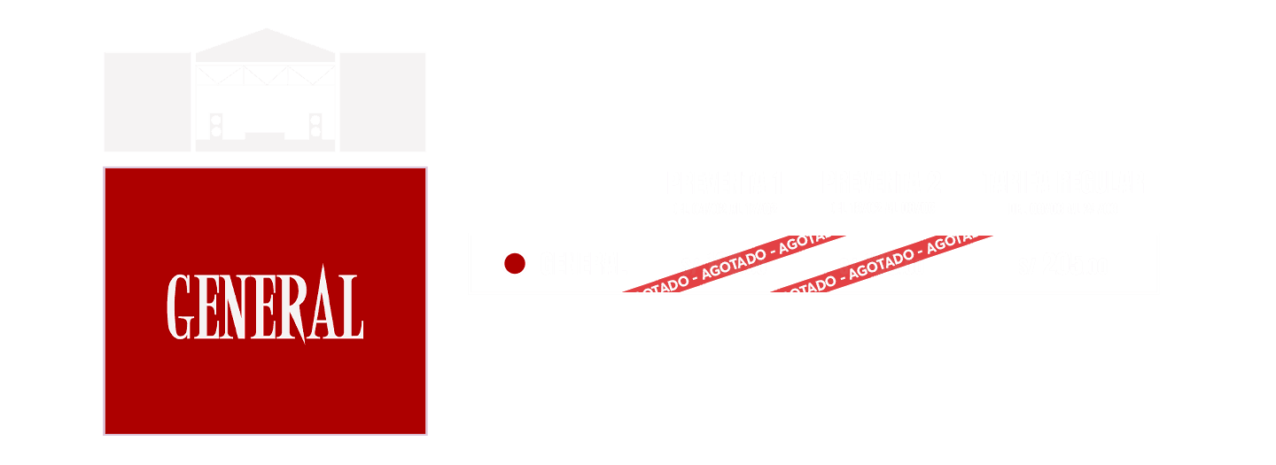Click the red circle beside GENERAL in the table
[x=514, y=263]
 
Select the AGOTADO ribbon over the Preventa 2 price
[x=886, y=263]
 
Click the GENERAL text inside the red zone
[x=265, y=306]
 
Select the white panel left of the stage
[x=147, y=102]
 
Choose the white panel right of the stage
[x=383, y=102]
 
